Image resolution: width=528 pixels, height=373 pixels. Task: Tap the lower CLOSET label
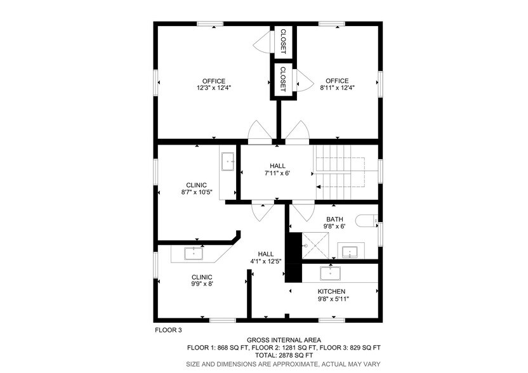(283, 78)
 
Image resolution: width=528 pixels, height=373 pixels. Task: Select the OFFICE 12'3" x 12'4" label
(214, 84)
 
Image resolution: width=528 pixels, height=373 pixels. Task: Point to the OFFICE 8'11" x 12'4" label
(337, 84)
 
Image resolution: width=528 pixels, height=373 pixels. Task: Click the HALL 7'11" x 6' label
(277, 169)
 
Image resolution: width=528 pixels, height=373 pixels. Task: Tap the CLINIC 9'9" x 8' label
(202, 280)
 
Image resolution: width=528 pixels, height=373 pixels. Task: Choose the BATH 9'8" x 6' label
(334, 223)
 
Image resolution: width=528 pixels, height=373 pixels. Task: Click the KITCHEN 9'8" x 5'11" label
(332, 295)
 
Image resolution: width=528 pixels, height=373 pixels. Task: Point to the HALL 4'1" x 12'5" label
(265, 258)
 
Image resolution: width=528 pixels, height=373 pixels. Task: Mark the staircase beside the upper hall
(341, 169)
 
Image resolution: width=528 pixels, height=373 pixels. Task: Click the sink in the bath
(349, 251)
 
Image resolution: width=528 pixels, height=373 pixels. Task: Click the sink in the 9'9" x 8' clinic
(194, 253)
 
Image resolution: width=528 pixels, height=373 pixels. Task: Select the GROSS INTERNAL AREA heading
(283, 340)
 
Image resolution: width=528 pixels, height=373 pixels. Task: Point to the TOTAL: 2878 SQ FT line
(283, 355)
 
